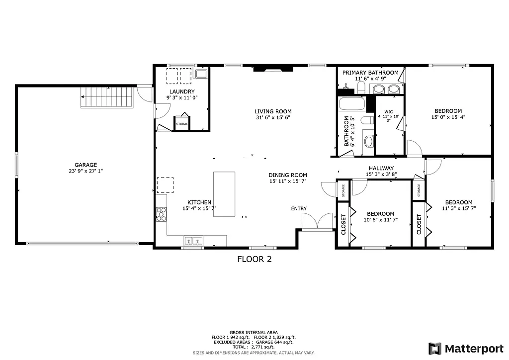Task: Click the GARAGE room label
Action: (85, 165)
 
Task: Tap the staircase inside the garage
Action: (108, 96)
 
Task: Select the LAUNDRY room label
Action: (181, 91)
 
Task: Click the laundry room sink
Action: (201, 74)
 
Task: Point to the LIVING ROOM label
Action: (273, 111)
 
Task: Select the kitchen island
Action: (224, 194)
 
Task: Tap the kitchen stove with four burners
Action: (161, 214)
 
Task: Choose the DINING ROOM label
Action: (287, 175)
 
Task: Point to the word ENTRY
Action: (299, 208)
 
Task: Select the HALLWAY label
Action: (381, 168)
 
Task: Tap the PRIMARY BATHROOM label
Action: (370, 73)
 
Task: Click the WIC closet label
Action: (388, 112)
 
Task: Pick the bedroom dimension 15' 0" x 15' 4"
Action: (448, 117)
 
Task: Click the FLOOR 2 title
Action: (254, 259)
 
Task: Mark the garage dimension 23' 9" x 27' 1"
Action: (85, 171)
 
